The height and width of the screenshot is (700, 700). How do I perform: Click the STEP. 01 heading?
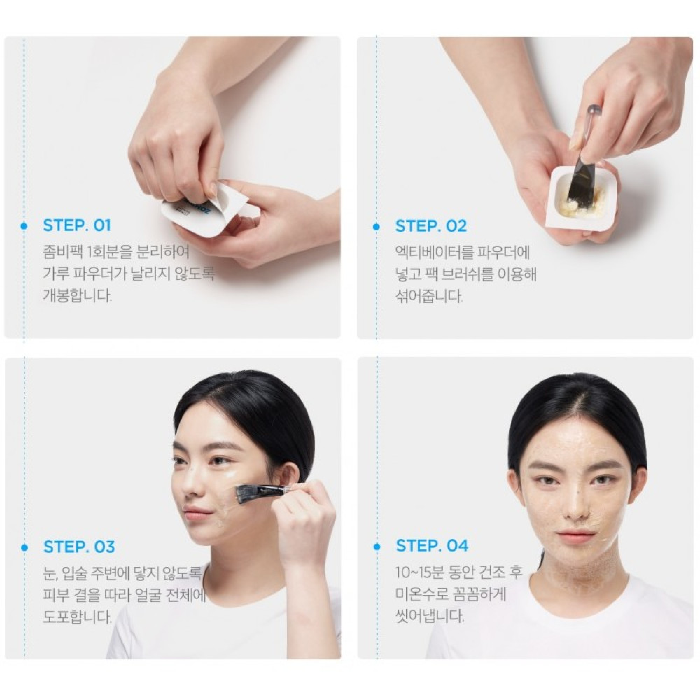[x=77, y=225]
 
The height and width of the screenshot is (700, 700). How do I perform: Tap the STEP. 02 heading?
[x=430, y=226]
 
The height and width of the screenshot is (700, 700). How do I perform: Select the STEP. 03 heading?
[x=79, y=547]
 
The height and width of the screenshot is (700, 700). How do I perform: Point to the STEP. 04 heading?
[x=432, y=545]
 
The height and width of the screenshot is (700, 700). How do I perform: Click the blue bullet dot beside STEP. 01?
[x=24, y=226]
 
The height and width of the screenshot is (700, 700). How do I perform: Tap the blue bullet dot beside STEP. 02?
[x=377, y=227]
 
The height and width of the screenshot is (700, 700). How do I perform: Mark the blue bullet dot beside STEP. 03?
[x=24, y=547]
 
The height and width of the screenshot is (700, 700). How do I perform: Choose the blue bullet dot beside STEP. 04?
[x=377, y=547]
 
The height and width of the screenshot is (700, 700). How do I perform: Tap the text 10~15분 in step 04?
[x=421, y=572]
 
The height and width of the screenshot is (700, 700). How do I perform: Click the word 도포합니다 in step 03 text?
[x=77, y=617]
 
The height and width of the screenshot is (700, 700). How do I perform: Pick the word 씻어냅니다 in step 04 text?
[x=430, y=616]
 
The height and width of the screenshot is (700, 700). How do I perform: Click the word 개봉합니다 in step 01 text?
[x=77, y=295]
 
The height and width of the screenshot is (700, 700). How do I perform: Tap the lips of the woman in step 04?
[x=576, y=535]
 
